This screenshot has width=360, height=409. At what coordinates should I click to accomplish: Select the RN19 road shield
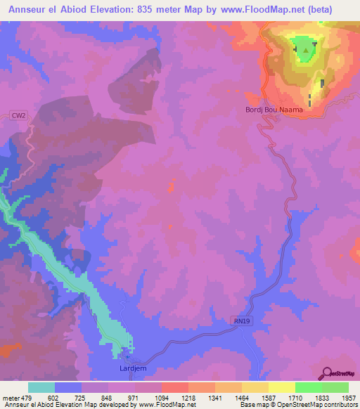coord(241,321)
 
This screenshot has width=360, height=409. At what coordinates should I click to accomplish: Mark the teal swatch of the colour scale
coord(41,387)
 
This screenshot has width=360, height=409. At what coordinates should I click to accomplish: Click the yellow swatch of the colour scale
coord(281,387)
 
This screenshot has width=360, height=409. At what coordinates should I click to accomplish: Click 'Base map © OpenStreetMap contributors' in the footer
coord(299,405)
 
